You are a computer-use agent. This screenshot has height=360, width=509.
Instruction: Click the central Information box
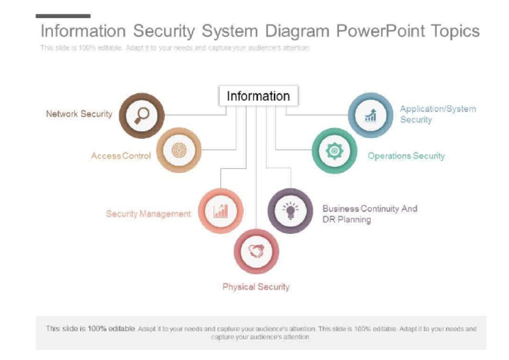(x=258, y=96)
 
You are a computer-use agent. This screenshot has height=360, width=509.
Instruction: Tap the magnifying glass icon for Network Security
(x=141, y=115)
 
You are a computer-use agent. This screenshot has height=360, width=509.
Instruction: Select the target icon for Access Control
(x=178, y=150)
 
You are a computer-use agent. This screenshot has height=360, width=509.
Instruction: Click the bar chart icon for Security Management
(x=221, y=211)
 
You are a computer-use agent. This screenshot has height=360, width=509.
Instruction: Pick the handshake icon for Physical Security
(x=256, y=251)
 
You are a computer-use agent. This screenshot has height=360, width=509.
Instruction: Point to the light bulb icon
(x=290, y=211)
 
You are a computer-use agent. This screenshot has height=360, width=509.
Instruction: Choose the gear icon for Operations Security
(x=334, y=151)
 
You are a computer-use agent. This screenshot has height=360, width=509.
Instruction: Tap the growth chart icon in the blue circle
(x=370, y=115)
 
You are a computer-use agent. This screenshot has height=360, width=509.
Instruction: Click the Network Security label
(x=79, y=114)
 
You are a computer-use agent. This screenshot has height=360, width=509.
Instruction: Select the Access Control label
(x=121, y=156)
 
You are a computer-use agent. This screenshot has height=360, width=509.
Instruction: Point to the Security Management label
(x=148, y=213)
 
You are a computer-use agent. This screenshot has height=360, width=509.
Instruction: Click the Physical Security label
(x=256, y=287)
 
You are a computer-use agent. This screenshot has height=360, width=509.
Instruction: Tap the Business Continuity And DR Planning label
(x=370, y=213)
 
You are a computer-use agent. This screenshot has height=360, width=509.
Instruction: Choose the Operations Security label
(x=406, y=156)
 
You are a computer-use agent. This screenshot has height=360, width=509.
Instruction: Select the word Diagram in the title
(x=297, y=31)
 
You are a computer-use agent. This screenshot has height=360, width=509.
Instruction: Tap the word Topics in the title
(x=455, y=31)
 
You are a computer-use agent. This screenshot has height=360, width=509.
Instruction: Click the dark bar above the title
(x=63, y=16)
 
